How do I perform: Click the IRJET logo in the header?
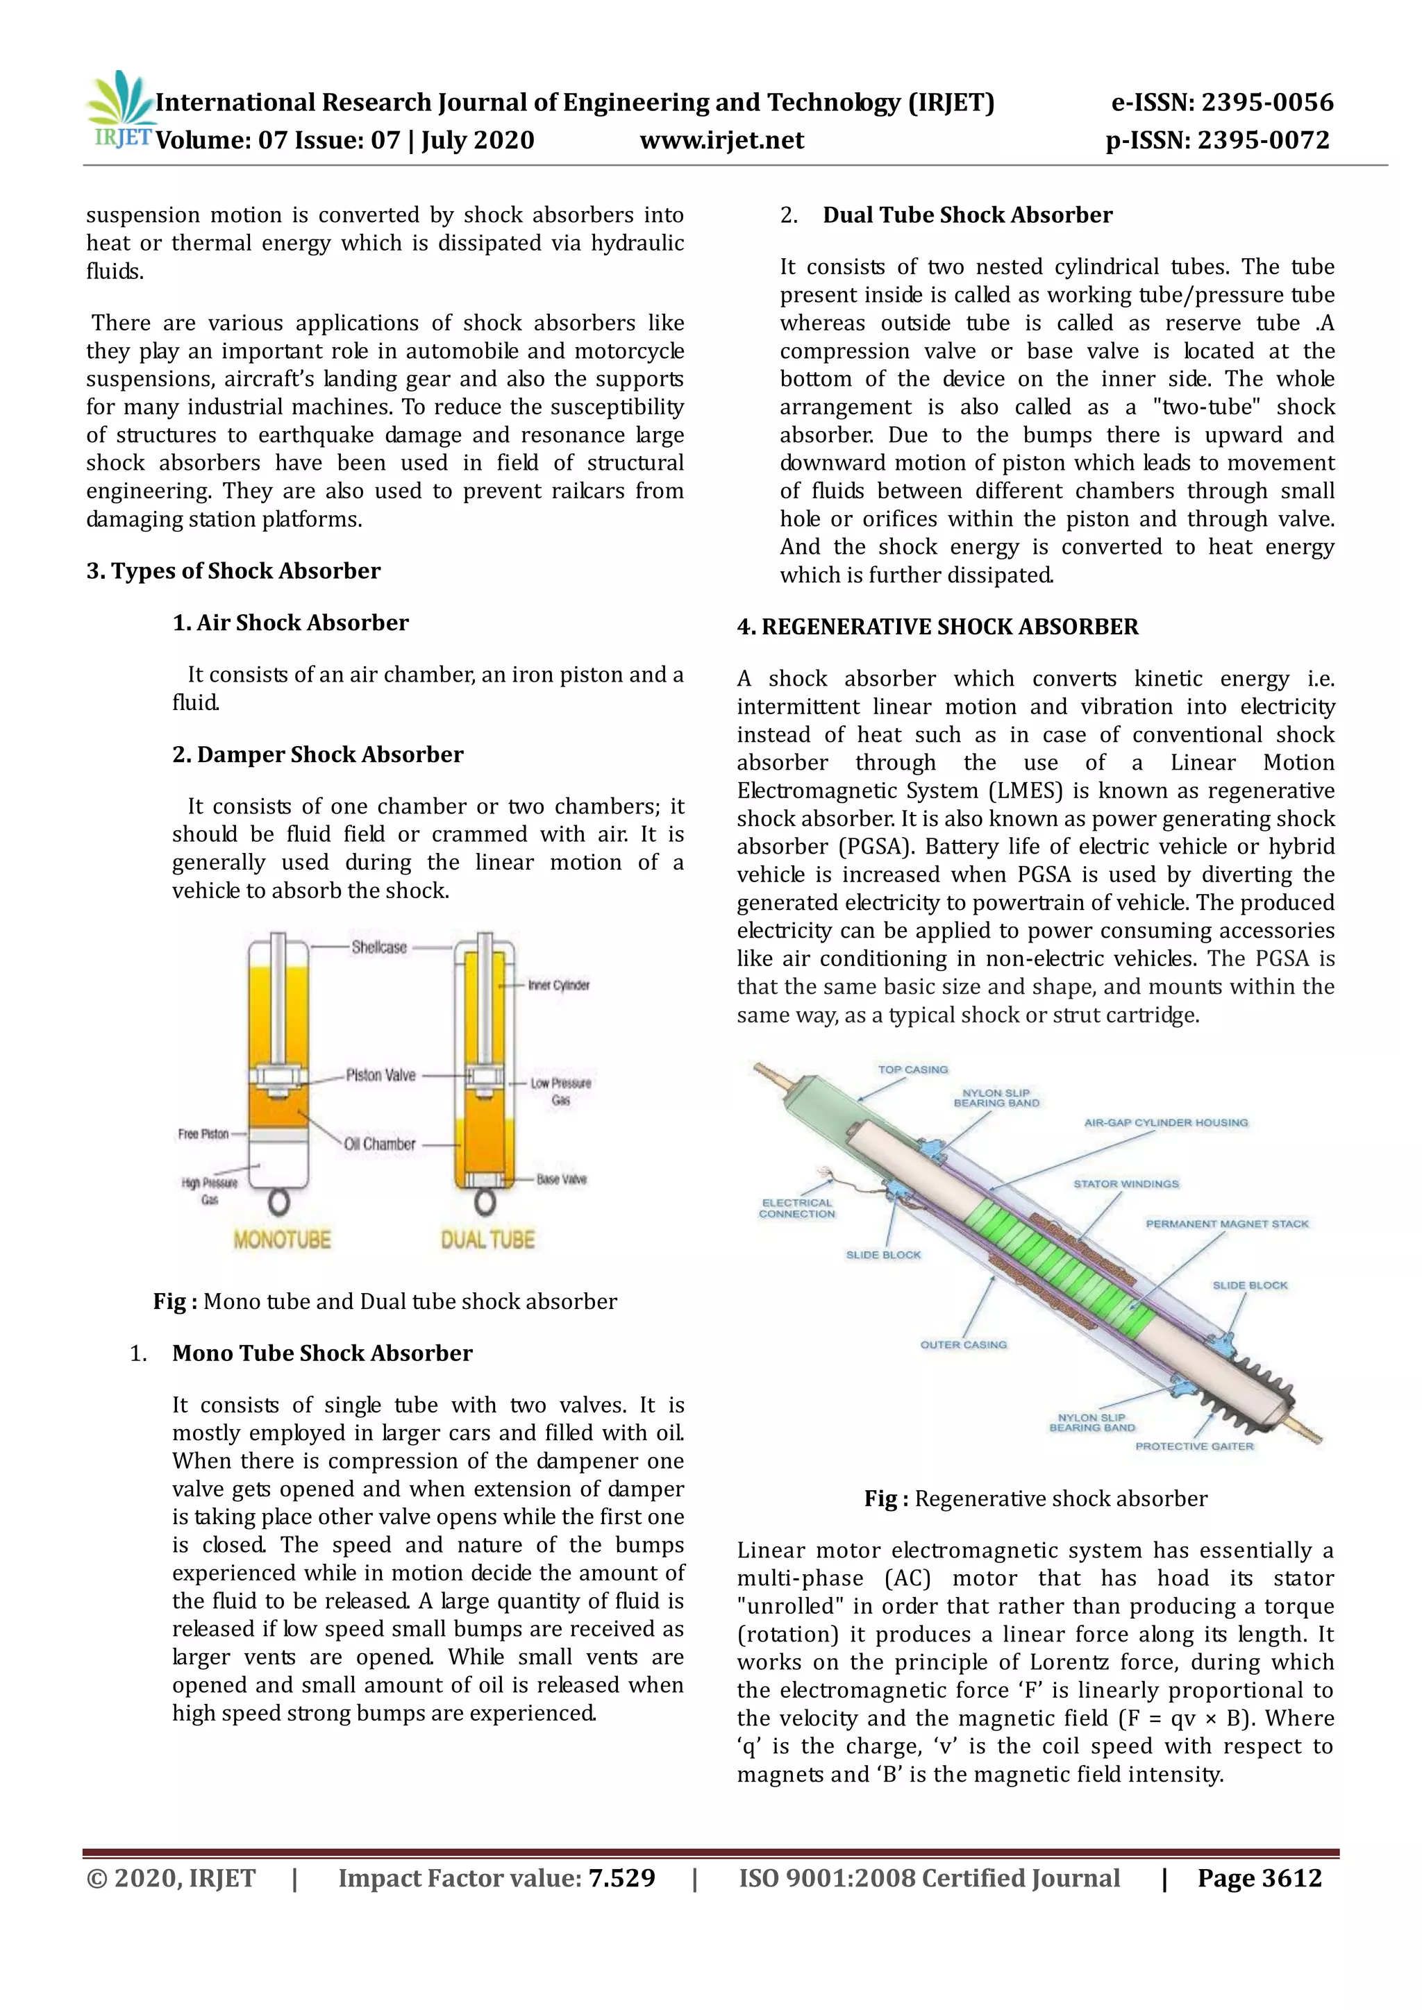[120, 112]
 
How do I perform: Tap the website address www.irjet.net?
[721, 141]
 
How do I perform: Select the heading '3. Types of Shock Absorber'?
[233, 571]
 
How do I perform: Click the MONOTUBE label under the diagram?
[282, 1240]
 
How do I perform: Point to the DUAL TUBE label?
[487, 1240]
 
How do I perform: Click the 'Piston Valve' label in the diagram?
[380, 1075]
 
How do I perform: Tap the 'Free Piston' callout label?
[203, 1133]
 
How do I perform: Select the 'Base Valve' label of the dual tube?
[561, 1179]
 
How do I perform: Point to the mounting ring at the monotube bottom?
[278, 1203]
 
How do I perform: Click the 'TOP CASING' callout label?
[912, 1070]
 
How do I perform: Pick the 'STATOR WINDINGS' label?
[1126, 1183]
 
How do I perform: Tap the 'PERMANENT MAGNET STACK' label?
[1227, 1224]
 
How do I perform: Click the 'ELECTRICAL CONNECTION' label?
[797, 1208]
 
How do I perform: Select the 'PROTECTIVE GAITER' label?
[1194, 1446]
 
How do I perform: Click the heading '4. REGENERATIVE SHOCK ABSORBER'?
[937, 627]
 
